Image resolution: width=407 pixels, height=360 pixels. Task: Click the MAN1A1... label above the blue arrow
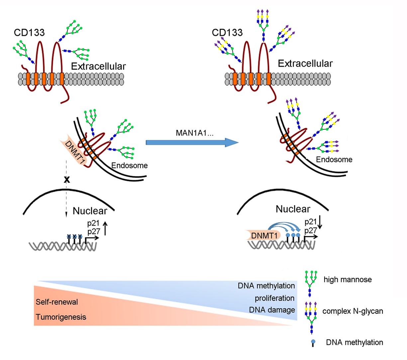[x=194, y=133]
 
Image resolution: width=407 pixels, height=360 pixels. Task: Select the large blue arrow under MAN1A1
[x=192, y=142]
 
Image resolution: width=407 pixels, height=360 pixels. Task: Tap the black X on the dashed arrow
[x=67, y=179]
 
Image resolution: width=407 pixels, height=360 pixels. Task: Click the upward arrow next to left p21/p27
[x=105, y=228]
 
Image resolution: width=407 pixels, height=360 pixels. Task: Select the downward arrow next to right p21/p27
[x=320, y=223]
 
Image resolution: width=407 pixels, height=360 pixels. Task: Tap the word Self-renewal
[x=57, y=302]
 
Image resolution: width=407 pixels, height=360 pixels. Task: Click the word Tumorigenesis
[x=61, y=317]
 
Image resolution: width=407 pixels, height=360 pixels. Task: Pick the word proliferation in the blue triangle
[x=274, y=298]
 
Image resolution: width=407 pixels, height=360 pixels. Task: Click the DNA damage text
[x=272, y=310]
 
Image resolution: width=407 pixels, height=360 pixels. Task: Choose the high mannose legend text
[x=348, y=280]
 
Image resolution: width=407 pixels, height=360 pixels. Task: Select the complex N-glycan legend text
[x=353, y=311]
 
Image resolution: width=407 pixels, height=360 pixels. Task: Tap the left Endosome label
[x=129, y=165]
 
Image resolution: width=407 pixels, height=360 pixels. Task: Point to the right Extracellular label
[x=305, y=64]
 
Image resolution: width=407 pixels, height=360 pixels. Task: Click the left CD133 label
[x=29, y=33]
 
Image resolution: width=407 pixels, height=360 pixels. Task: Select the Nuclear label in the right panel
[x=293, y=209]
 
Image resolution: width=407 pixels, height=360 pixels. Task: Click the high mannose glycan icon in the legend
[x=311, y=283]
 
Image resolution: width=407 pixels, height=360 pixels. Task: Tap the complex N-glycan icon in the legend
[x=311, y=317]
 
